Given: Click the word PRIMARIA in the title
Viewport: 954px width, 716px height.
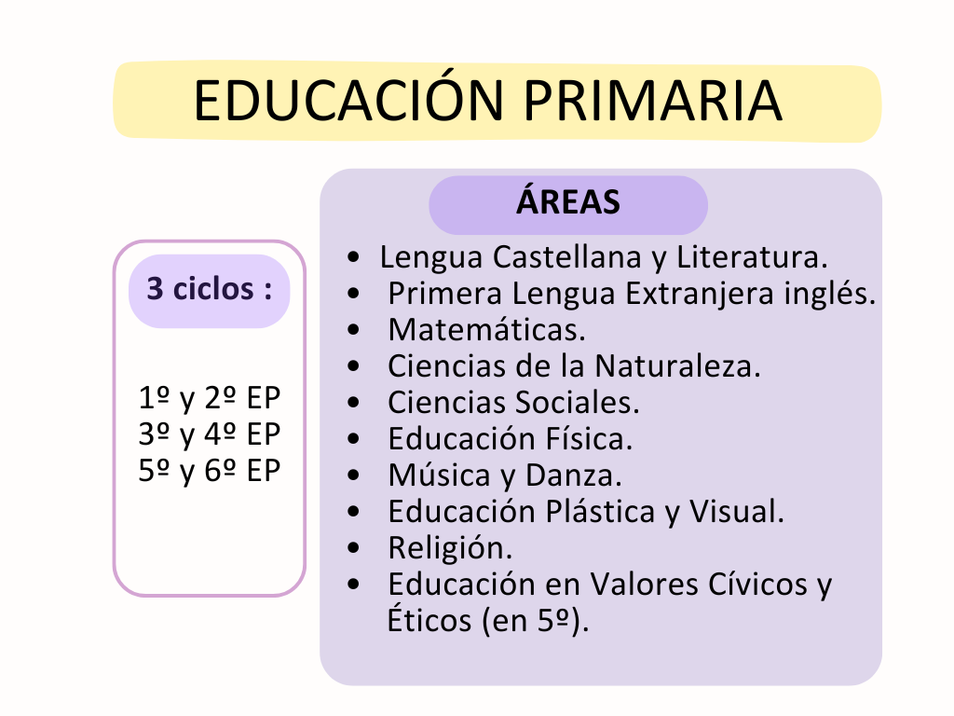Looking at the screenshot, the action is point(652,101).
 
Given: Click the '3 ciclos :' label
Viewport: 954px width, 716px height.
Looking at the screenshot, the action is point(210,289).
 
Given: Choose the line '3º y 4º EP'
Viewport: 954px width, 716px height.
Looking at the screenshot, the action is point(210,435).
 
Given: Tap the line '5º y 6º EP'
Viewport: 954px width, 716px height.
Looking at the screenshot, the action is point(210,472).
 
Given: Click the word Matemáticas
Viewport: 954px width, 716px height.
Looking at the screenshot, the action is point(486,329).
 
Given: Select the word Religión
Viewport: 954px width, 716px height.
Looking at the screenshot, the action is point(450,548).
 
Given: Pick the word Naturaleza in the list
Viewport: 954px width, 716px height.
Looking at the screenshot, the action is point(678,366).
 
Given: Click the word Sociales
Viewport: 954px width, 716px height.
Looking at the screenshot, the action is point(578,403).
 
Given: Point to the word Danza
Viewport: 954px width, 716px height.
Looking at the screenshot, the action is point(573,475).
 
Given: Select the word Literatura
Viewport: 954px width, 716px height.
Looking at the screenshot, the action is point(752,257).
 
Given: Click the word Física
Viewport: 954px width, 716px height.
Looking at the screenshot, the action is point(589,438).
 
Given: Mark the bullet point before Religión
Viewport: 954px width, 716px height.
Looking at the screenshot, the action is point(353,547).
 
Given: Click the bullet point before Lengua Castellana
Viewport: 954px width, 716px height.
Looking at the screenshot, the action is point(353,256).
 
